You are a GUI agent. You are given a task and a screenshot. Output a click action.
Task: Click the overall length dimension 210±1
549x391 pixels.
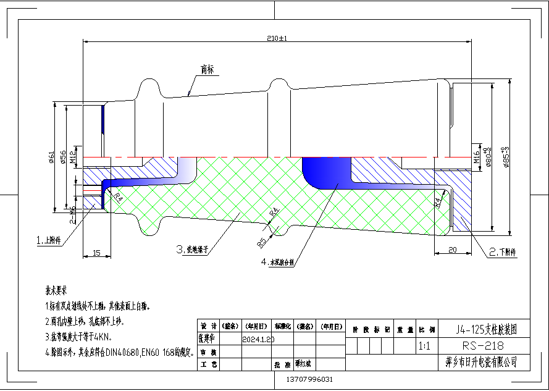[277, 38]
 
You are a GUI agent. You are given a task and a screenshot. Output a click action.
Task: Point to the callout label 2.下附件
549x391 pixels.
[502, 252]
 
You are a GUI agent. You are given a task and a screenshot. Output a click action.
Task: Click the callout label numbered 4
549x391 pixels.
[279, 262]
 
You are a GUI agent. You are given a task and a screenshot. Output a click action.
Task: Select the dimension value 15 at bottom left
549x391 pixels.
[96, 253]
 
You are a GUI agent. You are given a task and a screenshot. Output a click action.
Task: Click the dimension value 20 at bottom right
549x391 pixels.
[451, 250]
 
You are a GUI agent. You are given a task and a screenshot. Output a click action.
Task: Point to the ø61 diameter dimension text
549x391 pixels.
[52, 158]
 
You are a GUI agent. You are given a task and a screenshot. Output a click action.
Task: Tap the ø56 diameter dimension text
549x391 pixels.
[64, 158]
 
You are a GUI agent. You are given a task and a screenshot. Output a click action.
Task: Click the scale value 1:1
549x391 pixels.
[424, 347]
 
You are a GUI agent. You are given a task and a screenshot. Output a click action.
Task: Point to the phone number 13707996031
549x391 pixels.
[311, 379]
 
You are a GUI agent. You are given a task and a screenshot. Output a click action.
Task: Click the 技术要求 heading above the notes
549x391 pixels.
[56, 290]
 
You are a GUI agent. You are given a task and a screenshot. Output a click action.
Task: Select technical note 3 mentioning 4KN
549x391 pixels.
[78, 337]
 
